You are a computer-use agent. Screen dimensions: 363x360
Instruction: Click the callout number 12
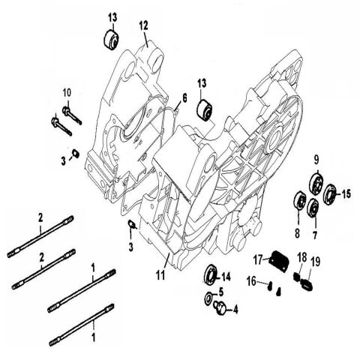(143, 25)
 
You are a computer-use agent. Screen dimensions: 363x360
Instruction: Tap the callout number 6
(182, 97)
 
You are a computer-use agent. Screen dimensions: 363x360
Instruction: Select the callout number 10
(66, 91)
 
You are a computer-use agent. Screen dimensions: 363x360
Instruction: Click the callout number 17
(256, 260)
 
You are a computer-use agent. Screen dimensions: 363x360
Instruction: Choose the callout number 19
(314, 260)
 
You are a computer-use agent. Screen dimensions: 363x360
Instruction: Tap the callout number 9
(316, 158)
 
